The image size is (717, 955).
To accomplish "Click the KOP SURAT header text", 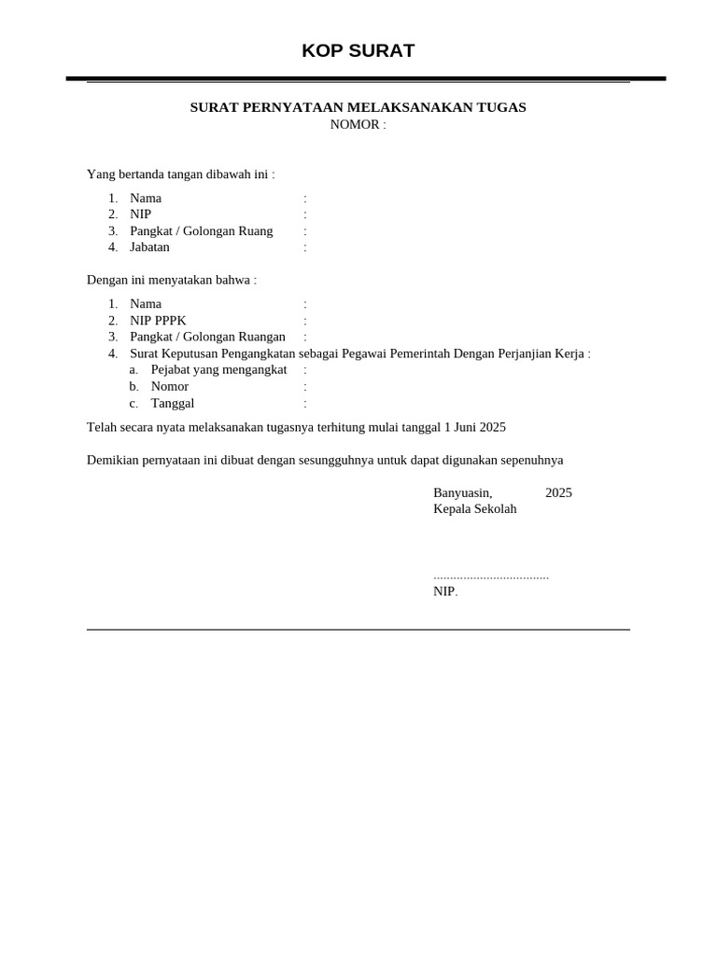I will click(x=358, y=51).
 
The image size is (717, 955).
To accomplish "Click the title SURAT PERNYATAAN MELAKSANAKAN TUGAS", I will click(x=358, y=107).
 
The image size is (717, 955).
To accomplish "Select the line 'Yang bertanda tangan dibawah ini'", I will click(x=180, y=174).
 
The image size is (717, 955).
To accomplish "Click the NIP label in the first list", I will click(x=140, y=215).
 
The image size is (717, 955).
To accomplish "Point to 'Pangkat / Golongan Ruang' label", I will click(x=201, y=231).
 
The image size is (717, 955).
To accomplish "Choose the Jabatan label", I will click(x=149, y=247).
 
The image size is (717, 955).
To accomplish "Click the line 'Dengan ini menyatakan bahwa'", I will click(x=171, y=280).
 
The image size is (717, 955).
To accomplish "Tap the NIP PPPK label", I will click(x=158, y=321).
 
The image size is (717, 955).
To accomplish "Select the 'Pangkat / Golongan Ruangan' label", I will click(x=207, y=337).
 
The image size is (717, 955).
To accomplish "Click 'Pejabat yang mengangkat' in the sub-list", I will click(x=218, y=370).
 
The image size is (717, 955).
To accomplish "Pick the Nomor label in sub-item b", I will click(x=169, y=387).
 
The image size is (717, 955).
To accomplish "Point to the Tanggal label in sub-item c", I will click(x=172, y=404).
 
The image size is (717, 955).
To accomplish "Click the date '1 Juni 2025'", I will click(x=474, y=427).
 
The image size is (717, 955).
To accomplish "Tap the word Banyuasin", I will click(x=462, y=492).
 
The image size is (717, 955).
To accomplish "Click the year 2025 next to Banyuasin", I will click(x=558, y=492).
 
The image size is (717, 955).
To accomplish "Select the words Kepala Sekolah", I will click(x=474, y=509).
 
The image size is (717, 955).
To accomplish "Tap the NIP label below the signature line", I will click(x=444, y=591).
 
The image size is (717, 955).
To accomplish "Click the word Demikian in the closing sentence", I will click(x=113, y=460).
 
